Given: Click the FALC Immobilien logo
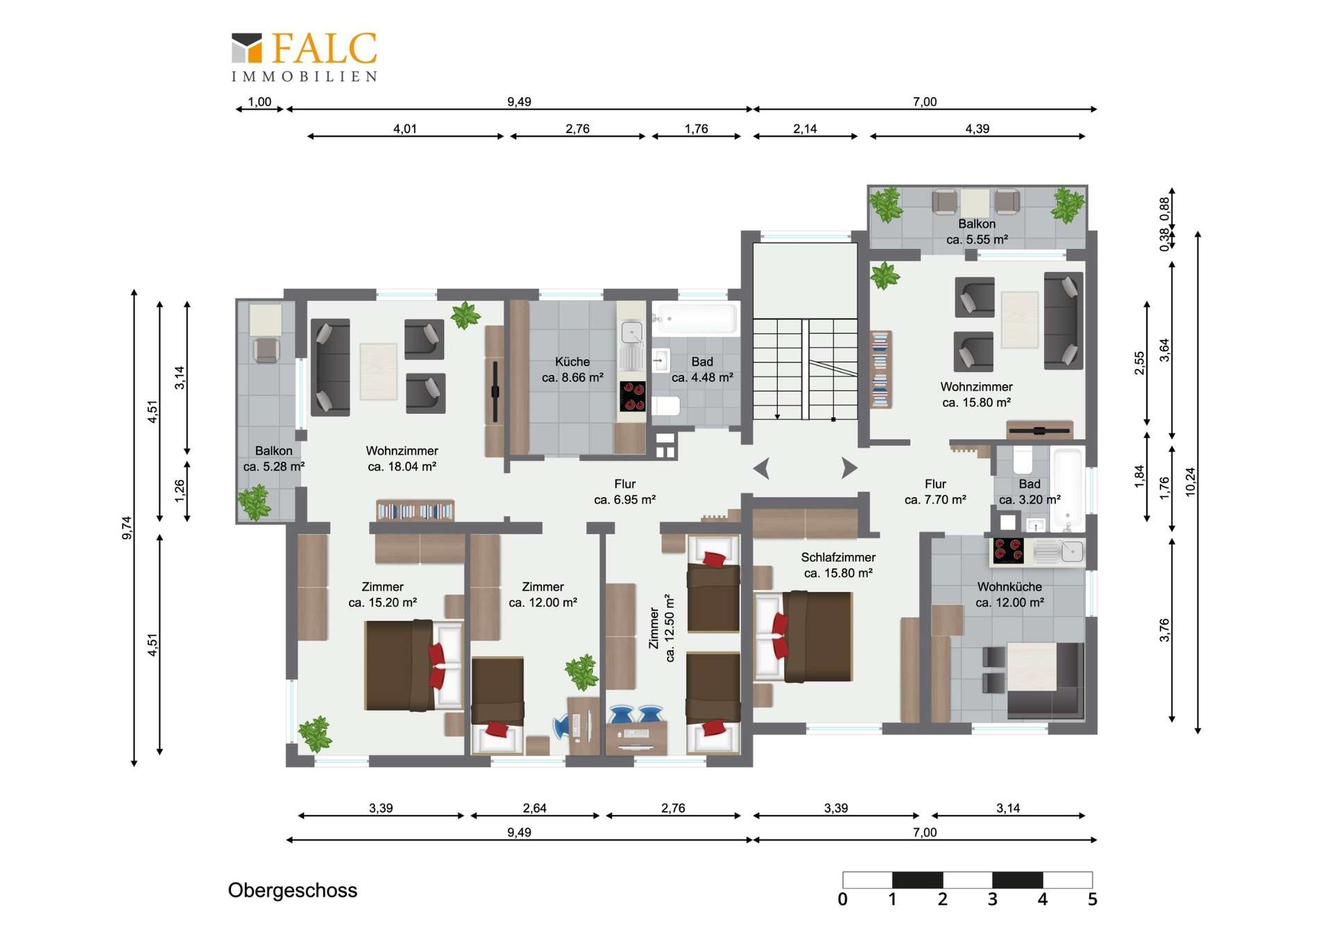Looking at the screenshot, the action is (x=305, y=57).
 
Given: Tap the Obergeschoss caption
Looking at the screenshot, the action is (x=293, y=890).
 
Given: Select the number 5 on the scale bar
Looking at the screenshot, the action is (x=1092, y=899).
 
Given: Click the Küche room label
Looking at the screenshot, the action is (x=572, y=361).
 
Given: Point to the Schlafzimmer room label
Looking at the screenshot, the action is (x=838, y=557).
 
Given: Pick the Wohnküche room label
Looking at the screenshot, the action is (x=1009, y=587).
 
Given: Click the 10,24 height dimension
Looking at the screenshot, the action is (x=1191, y=481).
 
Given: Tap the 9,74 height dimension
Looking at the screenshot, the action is (x=126, y=528).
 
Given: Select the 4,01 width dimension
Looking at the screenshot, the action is (x=405, y=128).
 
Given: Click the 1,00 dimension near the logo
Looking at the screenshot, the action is (x=259, y=102).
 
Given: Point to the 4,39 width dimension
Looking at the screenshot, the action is (x=977, y=128).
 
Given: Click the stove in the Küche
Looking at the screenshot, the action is (x=633, y=397).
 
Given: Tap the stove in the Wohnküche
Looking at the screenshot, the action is (x=1008, y=551).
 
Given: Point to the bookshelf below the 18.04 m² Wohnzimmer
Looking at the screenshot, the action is (x=415, y=510).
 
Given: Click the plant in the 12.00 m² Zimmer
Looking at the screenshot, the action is (x=581, y=672).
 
